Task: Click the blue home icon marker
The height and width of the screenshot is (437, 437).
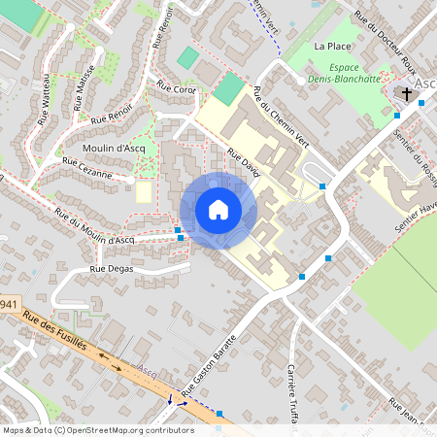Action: click(218, 209)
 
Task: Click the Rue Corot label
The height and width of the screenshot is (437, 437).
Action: click(177, 89)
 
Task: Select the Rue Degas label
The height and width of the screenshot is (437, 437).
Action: click(110, 269)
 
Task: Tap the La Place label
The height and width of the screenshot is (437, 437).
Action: click(331, 46)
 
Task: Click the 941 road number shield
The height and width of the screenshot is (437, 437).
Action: click(9, 305)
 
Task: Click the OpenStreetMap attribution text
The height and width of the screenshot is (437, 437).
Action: click(98, 430)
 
